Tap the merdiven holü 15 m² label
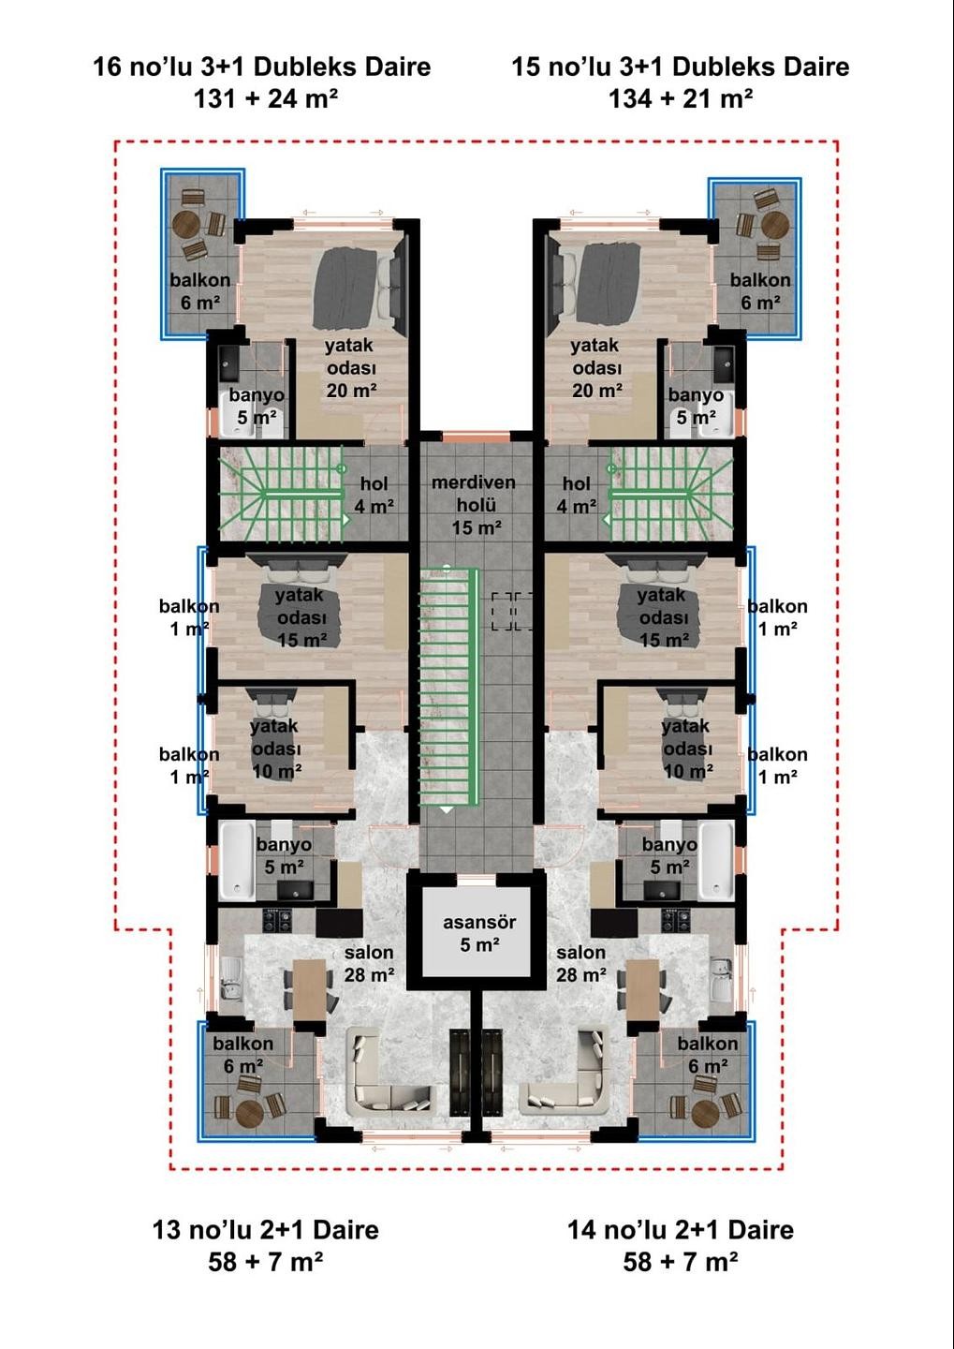pos(475,505)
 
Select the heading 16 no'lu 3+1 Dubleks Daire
pos(261,67)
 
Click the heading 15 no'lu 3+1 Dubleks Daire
pos(680,67)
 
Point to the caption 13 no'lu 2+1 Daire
pos(265,1230)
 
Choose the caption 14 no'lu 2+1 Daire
pos(680,1230)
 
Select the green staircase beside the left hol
pos(280,493)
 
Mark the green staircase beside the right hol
pos(670,493)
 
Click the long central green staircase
pos(448,689)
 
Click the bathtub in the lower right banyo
pos(717,860)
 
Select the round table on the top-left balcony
pos(186,225)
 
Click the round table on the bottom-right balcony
pos(705,1112)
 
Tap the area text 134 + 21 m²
pos(680,98)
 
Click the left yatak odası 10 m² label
pos(275,749)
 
